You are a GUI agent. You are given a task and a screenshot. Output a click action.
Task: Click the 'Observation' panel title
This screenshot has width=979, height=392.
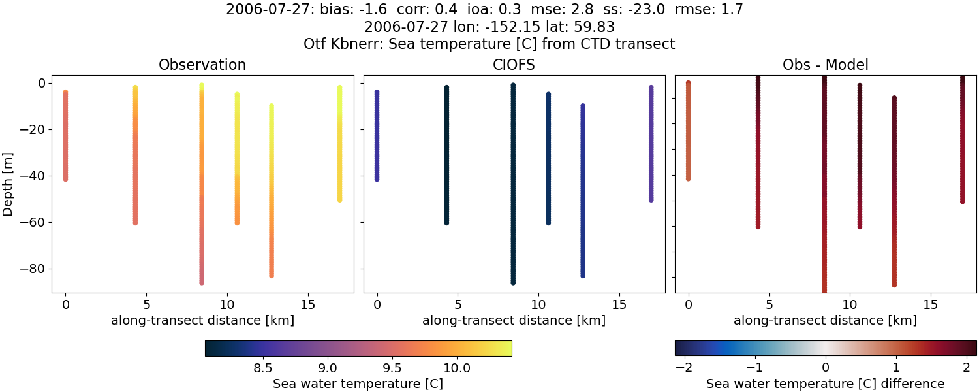(202, 65)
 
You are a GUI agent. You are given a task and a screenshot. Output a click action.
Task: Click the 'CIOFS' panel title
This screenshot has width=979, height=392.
(514, 65)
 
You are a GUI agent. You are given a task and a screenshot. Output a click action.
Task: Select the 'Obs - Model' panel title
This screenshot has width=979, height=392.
(825, 65)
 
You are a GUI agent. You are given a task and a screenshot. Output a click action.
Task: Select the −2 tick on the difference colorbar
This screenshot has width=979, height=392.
(683, 368)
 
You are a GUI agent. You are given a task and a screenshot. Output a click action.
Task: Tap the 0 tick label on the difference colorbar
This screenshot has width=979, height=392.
(826, 368)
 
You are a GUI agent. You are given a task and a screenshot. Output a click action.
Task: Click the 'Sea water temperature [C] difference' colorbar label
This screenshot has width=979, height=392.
(825, 384)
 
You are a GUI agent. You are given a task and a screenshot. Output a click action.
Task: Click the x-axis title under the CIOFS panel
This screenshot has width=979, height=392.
(514, 321)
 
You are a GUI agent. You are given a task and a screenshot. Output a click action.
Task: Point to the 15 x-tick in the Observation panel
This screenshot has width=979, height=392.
(307, 304)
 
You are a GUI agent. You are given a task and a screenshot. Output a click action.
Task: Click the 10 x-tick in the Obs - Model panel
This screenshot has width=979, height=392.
(850, 304)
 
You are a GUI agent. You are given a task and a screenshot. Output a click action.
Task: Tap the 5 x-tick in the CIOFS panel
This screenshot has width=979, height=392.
(458, 304)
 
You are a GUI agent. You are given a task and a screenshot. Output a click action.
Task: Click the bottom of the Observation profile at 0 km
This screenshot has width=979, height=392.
(65, 178)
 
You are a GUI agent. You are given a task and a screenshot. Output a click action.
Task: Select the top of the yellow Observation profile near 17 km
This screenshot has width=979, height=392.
(339, 88)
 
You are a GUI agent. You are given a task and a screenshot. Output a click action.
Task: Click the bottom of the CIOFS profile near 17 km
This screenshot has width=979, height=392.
(651, 199)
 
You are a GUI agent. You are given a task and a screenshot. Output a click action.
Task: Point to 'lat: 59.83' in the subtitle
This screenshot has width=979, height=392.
(580, 27)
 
